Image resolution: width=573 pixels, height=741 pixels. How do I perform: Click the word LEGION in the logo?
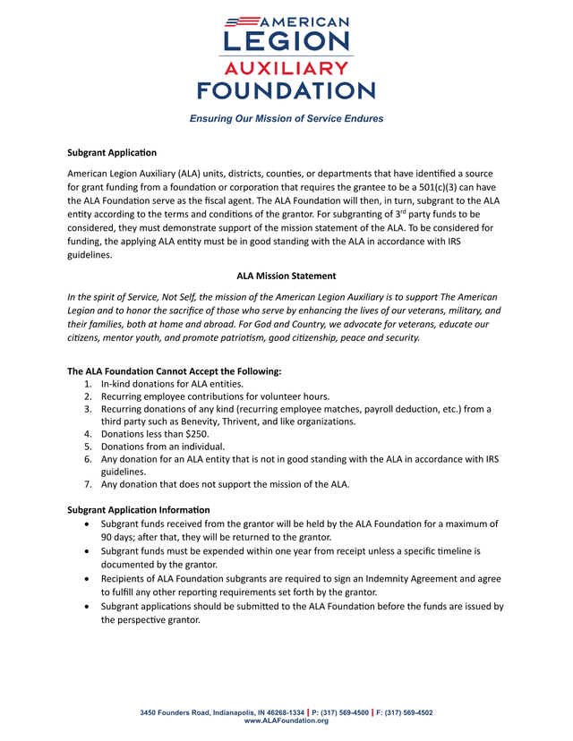[x=286, y=42]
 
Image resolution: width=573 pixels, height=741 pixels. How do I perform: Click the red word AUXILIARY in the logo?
[x=286, y=69]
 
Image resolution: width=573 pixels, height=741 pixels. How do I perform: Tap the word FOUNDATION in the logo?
[x=286, y=90]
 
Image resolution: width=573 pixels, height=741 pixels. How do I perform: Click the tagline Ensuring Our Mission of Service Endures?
[x=286, y=119]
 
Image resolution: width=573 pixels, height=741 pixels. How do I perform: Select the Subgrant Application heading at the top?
[x=112, y=153]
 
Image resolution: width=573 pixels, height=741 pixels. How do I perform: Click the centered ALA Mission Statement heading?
[x=286, y=275]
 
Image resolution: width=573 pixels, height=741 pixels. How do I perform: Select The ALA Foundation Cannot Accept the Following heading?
[x=175, y=371]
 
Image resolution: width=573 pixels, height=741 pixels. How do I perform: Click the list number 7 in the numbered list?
[x=88, y=484]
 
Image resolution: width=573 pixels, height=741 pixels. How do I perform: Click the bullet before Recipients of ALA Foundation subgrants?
[x=85, y=579]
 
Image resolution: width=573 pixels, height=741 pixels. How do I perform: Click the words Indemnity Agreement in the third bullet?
[x=415, y=579]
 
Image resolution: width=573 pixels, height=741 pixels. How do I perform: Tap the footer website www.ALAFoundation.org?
[x=286, y=720]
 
